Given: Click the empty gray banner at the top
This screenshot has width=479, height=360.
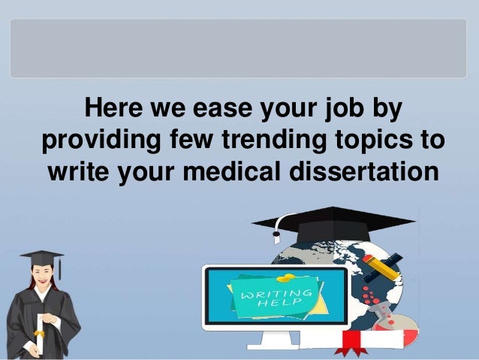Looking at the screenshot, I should (239, 49).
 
